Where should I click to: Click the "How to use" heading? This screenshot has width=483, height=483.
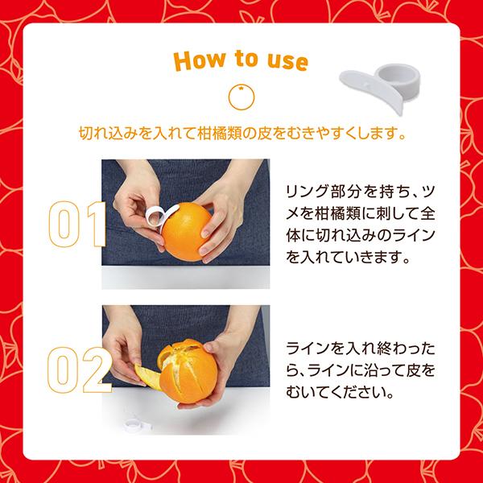[241, 61]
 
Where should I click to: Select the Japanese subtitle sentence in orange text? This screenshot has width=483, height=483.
[241, 130]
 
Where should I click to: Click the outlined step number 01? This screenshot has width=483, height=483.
[76, 225]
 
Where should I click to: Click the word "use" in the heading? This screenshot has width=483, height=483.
[287, 61]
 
